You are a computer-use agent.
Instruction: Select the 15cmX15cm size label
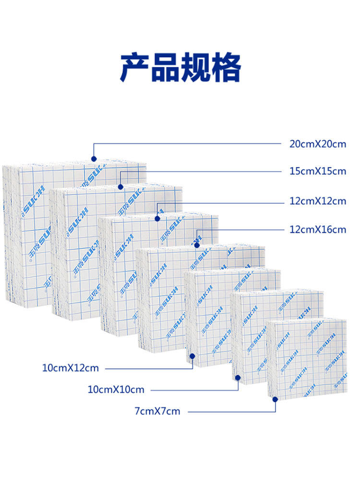tap(317, 171)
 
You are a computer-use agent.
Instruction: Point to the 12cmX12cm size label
tap(317, 202)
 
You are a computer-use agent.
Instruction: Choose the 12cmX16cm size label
tap(317, 230)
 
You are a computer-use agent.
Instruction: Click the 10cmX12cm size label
tap(70, 368)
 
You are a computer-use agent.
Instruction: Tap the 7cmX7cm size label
tap(157, 411)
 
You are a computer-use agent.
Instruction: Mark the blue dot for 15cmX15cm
tap(120, 187)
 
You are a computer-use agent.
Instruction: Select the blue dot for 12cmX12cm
tap(157, 218)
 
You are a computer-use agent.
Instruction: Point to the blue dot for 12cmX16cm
tap(197, 245)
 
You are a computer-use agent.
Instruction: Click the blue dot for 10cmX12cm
tap(192, 356)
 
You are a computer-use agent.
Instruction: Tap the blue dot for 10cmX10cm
tap(238, 377)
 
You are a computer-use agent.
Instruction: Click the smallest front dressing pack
tap(307, 357)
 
